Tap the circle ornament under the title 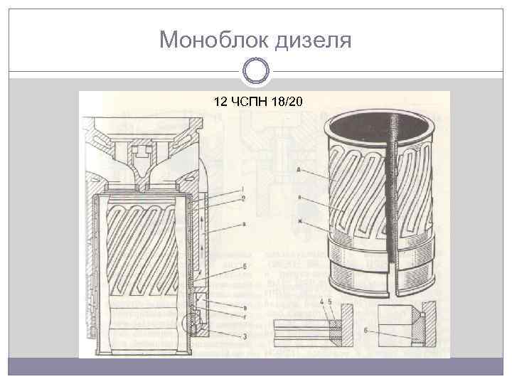255,71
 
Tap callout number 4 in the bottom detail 322,303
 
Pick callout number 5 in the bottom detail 331,303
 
